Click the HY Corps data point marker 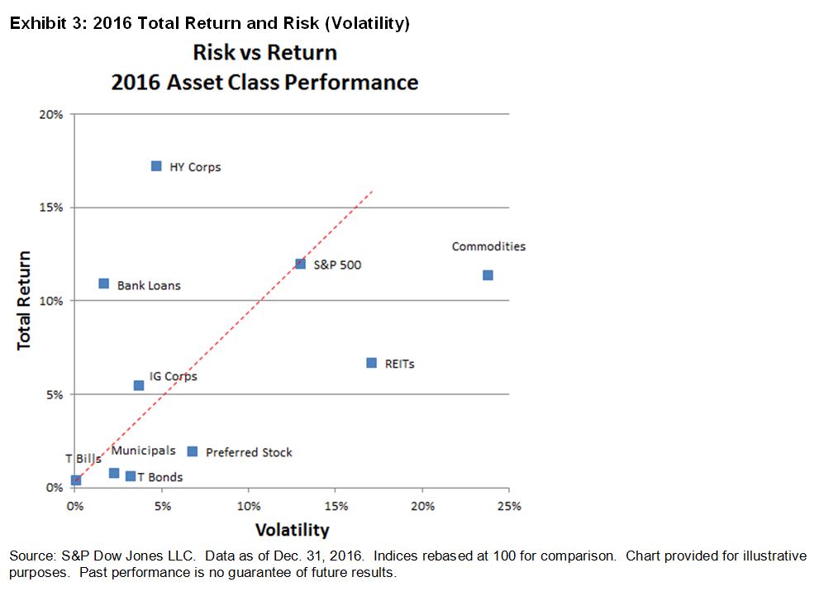coord(156,166)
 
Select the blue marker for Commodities coord(488,275)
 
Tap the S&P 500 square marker coord(300,264)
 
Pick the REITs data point coord(372,363)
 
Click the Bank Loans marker coord(103,284)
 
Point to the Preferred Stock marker coord(193,451)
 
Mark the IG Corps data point coord(139,385)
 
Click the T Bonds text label coord(160,477)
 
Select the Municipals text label coord(143,451)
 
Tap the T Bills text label coord(83,459)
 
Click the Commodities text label coord(488,246)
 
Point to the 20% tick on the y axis coord(51,114)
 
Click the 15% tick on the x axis coord(336,506)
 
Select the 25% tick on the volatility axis coord(509,506)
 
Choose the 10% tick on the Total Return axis coord(51,301)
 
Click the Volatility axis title coord(292,530)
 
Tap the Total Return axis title coord(25,300)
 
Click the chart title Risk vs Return coord(264,53)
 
